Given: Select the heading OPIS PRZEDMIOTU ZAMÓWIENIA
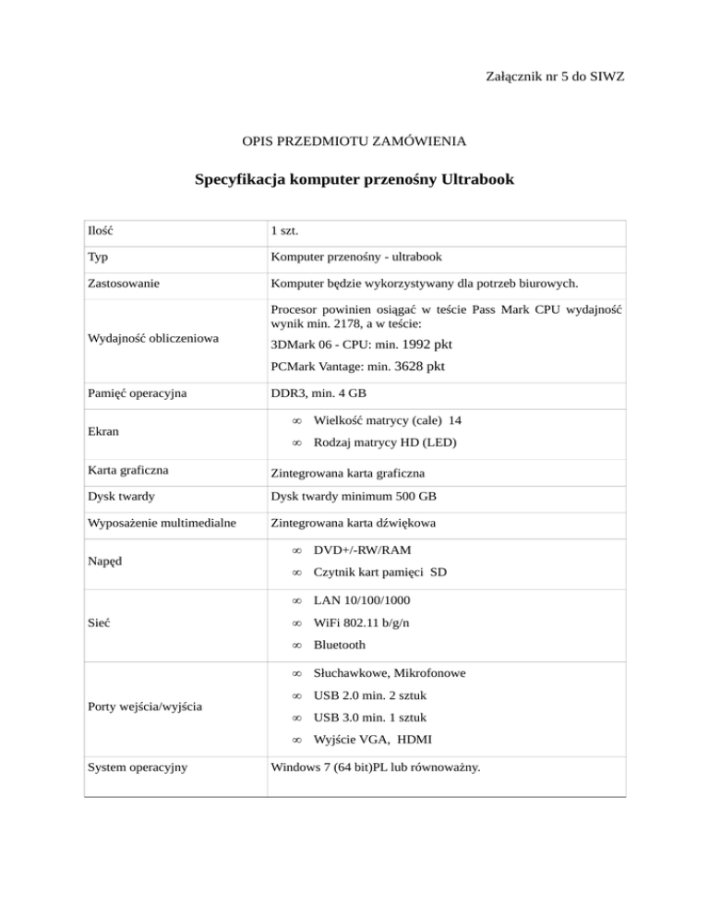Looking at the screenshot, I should tap(354, 142).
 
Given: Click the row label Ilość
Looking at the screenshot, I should tap(101, 228).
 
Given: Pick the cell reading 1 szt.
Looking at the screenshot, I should tap(289, 228).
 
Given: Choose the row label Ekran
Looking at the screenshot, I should tap(102, 431).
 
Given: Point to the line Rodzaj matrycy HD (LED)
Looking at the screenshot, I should tap(385, 443).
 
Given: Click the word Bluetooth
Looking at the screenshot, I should tap(339, 645).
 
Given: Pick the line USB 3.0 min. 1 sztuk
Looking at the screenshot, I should tap(369, 718).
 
